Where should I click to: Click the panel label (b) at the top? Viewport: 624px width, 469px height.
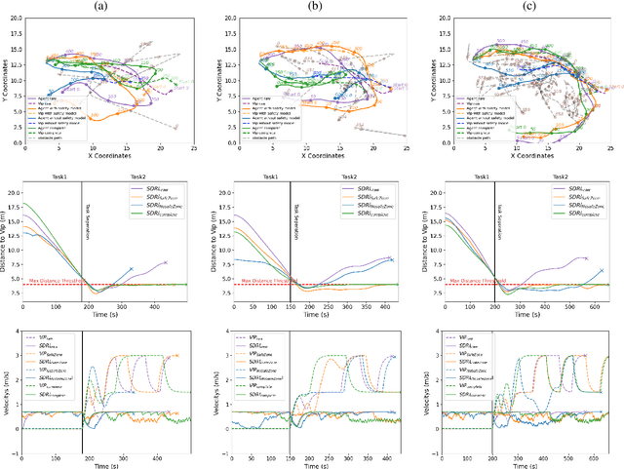pos(316,7)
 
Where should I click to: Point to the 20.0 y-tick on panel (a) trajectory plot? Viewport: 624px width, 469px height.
pos(14,20)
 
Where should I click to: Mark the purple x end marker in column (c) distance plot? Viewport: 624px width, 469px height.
pos(586,258)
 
